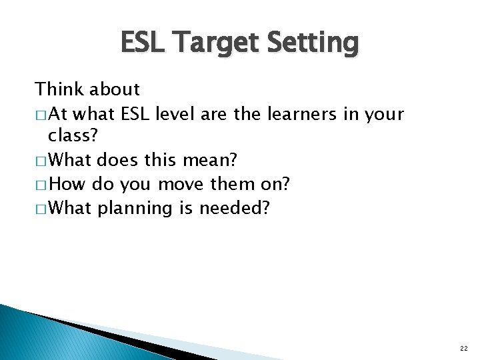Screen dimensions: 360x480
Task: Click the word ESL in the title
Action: tap(143, 43)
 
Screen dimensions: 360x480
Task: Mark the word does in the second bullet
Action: tap(118, 161)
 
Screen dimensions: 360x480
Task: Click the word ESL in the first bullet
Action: tap(135, 114)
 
